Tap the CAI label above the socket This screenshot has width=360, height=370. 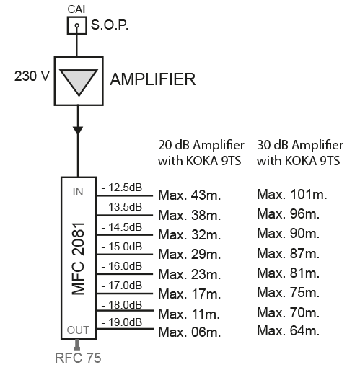coord(76,9)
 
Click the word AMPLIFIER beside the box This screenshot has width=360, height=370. coord(153,79)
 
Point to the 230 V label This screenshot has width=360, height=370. coord(32,76)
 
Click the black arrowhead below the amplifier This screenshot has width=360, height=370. coord(78,131)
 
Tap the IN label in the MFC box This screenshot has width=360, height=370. coord(78,192)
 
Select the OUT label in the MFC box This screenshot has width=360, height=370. coord(78,330)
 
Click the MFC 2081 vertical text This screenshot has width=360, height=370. coord(79,259)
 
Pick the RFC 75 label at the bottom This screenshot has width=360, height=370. coord(78,358)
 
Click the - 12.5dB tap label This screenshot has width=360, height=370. coord(122,188)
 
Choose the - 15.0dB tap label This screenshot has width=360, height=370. coord(122,247)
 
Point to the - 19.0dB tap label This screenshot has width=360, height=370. coord(122,322)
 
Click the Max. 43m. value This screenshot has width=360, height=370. coord(189,195)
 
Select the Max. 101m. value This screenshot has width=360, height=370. coord(292,194)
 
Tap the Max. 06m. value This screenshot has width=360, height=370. coord(189,332)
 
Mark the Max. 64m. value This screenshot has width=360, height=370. coord(288,330)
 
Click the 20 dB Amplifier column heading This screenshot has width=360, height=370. coord(201,153)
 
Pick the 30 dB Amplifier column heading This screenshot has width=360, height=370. coord(300,153)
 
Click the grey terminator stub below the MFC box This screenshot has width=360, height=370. coord(77,345)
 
